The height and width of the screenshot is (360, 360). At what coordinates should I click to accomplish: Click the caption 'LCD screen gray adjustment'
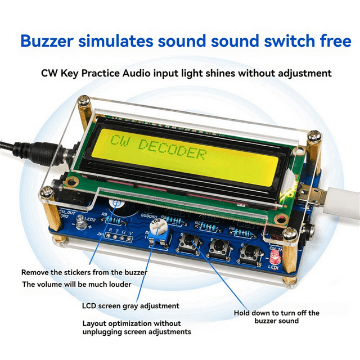[x=130, y=306]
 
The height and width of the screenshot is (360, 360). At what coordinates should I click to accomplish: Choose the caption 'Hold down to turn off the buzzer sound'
[x=277, y=317]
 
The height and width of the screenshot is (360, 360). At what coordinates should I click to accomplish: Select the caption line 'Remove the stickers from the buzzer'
[x=84, y=272]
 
